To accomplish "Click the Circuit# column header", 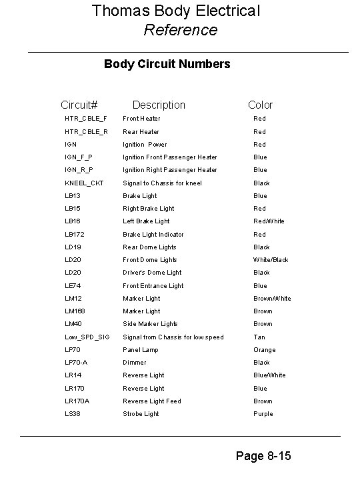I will coord(79,105).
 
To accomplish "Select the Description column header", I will coord(159,105).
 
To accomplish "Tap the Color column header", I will coord(260,105).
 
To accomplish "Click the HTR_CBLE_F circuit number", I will coord(85,119).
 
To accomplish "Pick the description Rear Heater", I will coord(141,131).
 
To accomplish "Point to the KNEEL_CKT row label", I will coord(84,183).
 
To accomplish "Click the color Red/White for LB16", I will coord(269,221).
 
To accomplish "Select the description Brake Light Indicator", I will coord(153,234).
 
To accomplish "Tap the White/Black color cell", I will coord(271,260).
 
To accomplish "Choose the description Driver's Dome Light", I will coord(152,273).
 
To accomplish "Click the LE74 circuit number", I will coord(73,285).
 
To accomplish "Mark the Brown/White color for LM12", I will coord(272,299).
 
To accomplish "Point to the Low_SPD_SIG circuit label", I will coord(87,337).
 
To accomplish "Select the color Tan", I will coord(259,337).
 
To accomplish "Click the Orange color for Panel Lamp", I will coord(264,350).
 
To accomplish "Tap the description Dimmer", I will coord(134,363).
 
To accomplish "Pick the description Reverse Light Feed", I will coord(151,401).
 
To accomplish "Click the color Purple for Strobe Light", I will coord(263,414).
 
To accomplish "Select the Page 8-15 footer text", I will coord(263,457).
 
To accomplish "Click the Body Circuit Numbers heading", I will coord(167,64).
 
